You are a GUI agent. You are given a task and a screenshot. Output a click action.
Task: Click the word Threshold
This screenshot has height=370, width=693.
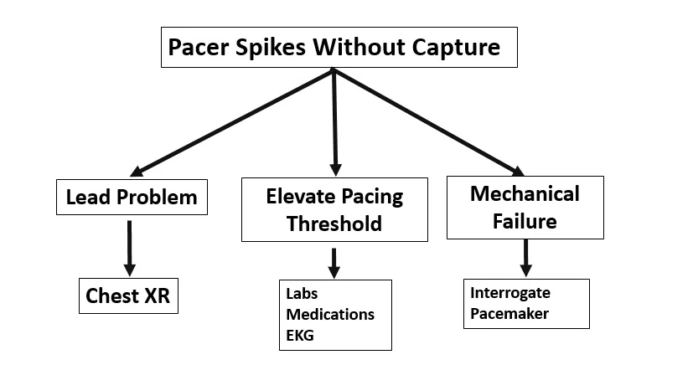pos(334,224)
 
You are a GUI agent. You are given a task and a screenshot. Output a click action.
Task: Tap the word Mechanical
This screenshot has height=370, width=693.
pos(525,194)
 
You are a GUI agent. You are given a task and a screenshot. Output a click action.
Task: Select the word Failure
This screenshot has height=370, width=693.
pos(525,221)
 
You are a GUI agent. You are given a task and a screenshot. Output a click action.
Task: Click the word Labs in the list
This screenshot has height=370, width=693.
pos(303,295)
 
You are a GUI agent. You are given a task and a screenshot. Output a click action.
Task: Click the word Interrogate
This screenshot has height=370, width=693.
pos(511,294)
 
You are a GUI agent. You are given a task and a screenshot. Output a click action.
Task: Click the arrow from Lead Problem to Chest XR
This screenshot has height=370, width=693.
pos(129,247)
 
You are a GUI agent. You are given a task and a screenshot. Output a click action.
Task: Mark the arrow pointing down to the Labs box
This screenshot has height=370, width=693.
pos(334,262)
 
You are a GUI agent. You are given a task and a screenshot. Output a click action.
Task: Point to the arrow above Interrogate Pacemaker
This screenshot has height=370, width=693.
pos(525,258)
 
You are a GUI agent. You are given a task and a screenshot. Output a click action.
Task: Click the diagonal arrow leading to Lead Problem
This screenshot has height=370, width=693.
pos(235,121)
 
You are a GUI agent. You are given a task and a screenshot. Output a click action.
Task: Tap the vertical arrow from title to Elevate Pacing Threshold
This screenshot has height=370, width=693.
pos(335,121)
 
